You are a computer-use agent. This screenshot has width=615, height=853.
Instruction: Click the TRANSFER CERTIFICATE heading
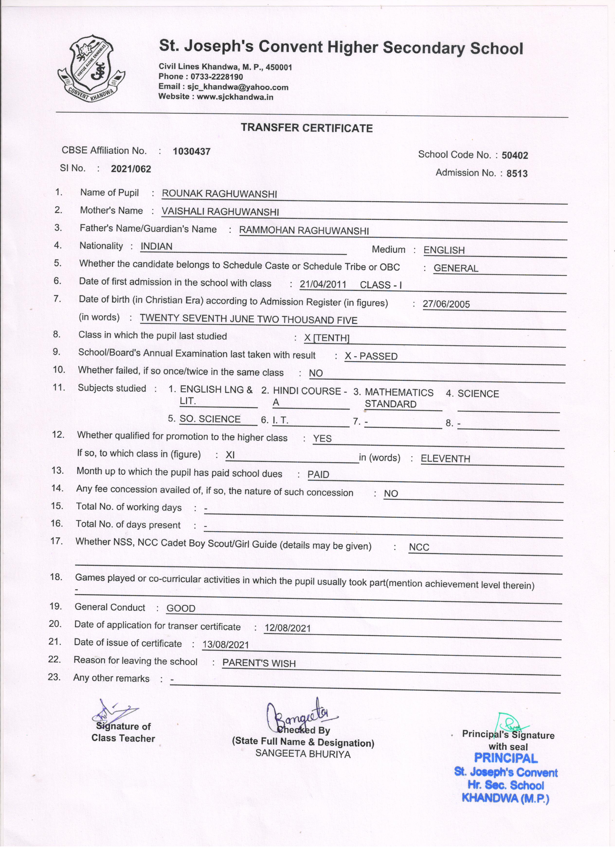coord(307,128)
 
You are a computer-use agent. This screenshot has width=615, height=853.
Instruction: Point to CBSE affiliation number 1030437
coord(191,152)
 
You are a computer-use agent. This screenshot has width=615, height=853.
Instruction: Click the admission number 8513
coord(517,173)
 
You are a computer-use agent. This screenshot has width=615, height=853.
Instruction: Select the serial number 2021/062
coord(131,169)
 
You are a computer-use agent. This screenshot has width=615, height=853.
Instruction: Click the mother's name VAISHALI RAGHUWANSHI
coord(220,212)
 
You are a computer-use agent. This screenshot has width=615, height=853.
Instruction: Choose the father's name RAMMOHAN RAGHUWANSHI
coord(304,231)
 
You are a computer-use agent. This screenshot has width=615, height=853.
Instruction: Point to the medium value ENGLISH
coord(444,250)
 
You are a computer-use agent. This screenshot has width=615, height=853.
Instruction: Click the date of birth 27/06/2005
coord(446,304)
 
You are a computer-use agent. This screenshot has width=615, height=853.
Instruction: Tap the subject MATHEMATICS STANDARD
coord(399,398)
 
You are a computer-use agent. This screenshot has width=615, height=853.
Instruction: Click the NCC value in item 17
coord(419,547)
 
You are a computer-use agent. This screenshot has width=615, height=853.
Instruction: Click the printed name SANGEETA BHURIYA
coord(303,754)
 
